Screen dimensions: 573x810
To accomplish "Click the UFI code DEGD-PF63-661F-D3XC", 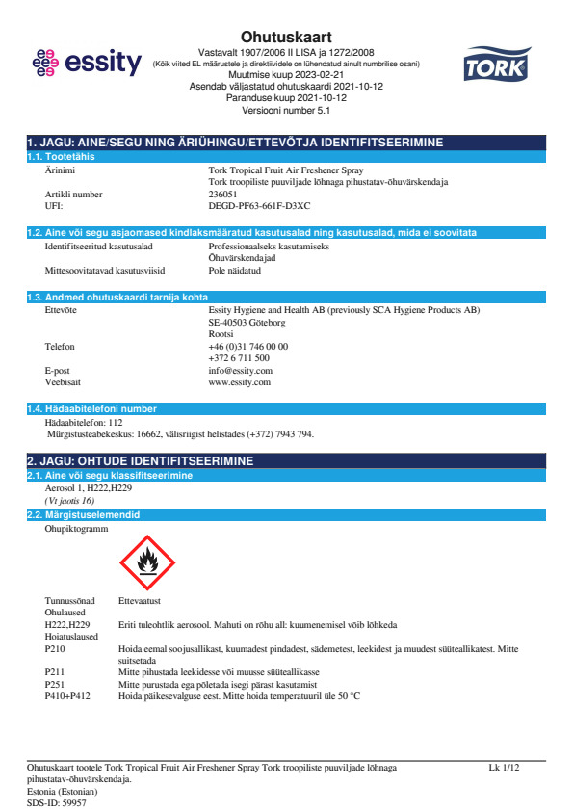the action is tap(259, 205).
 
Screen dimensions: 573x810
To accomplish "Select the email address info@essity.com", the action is tap(240, 370).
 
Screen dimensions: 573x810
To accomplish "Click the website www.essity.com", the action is tap(239, 381).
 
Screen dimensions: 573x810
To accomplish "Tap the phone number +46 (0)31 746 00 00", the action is tap(247, 346).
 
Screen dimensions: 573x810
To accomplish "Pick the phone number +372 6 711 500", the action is tap(239, 357).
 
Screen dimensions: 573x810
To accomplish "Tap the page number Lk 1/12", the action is tap(504, 768).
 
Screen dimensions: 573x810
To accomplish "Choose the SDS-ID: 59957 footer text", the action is tap(57, 802).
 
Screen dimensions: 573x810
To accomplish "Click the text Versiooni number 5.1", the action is tap(285, 110).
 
